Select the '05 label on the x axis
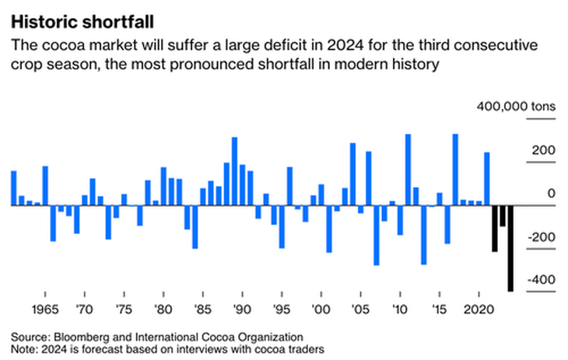click(360, 308)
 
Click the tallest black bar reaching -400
click(510, 248)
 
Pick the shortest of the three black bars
click(503, 216)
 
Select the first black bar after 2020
click(495, 229)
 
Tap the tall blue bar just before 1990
click(234, 171)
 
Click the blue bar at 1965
click(45, 186)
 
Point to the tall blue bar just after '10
click(408, 170)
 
